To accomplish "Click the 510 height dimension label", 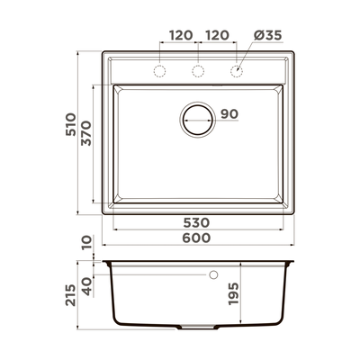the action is (x=71, y=124).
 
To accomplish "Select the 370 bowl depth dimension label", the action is (x=86, y=133).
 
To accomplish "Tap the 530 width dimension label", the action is (x=196, y=223).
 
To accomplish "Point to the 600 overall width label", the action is (x=196, y=238).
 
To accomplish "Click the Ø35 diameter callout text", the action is (x=268, y=35).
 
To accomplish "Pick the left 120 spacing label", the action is (x=181, y=35).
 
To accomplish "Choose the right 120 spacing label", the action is (x=217, y=35).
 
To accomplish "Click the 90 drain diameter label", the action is (x=229, y=114).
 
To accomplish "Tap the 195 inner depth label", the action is (x=233, y=293).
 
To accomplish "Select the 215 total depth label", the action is (x=71, y=295).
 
